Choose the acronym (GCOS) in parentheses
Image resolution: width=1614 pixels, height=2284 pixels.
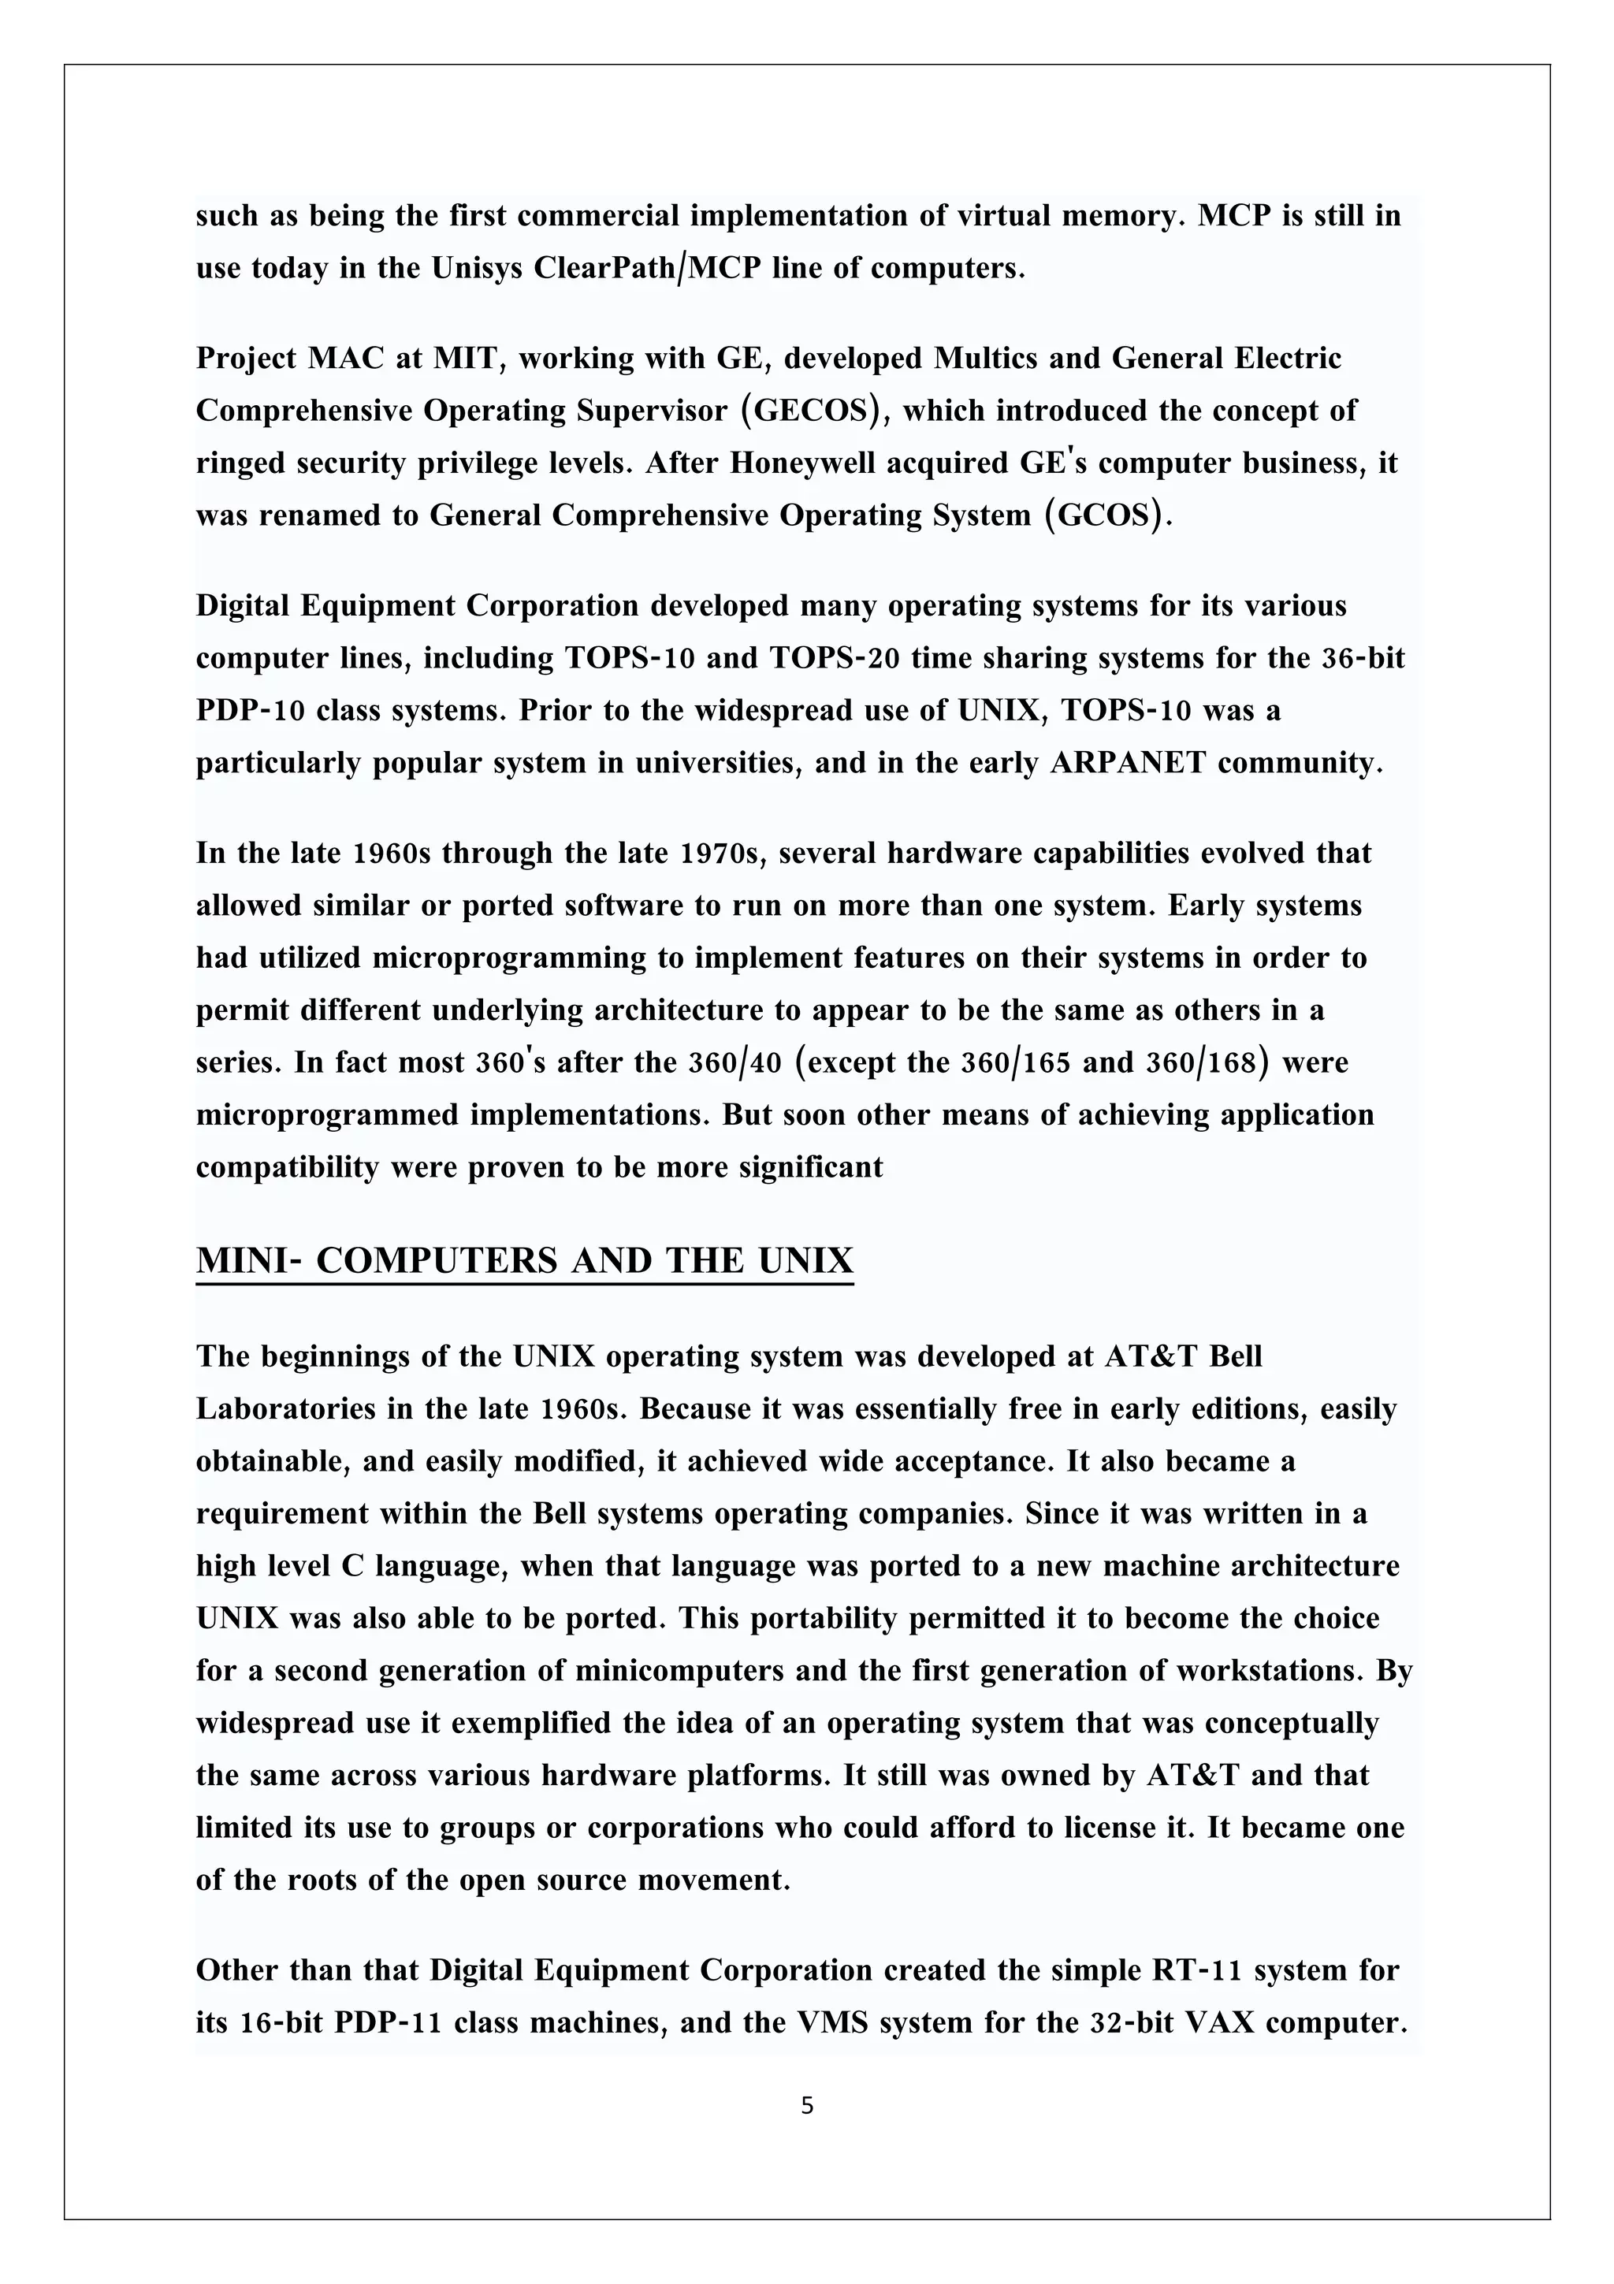point(1102,515)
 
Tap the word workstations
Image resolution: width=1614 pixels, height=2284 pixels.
point(1268,1670)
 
